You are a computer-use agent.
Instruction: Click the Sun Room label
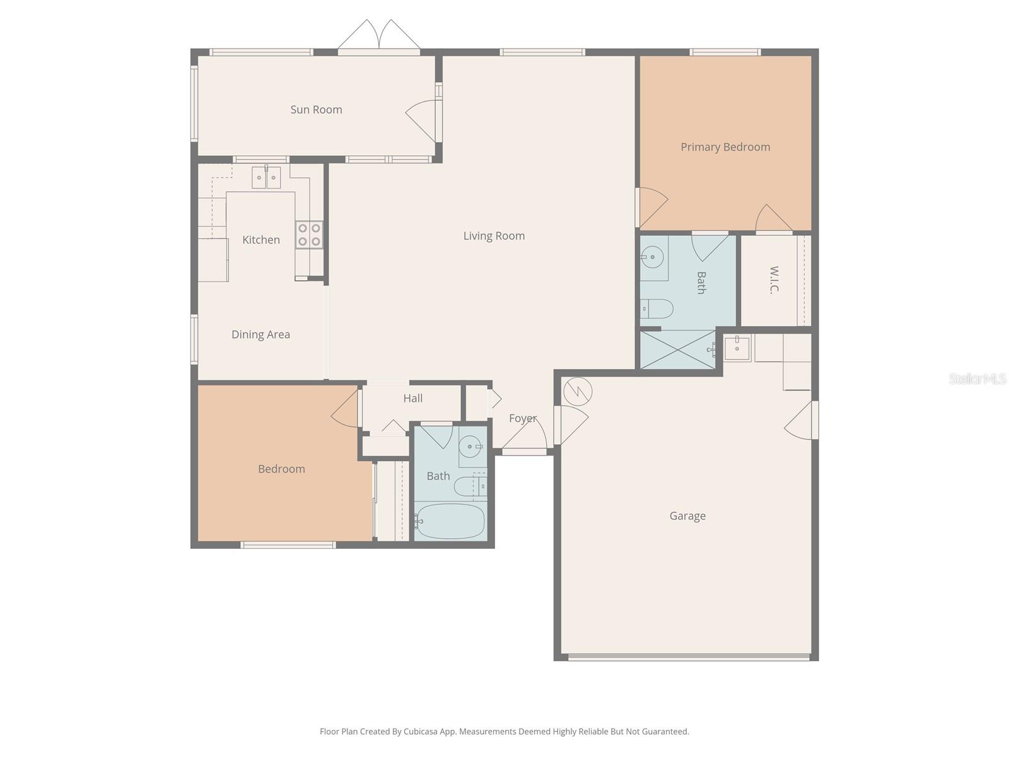316,110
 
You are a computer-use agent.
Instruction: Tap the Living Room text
494,236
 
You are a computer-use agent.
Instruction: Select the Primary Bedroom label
725,147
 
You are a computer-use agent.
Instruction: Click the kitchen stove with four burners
309,235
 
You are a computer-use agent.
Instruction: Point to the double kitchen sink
266,178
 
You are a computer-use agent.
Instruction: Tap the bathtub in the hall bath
450,521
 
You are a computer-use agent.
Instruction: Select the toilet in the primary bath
656,309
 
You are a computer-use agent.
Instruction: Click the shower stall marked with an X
678,349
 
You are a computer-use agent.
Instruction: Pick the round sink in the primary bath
652,257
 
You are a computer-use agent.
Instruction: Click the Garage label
687,516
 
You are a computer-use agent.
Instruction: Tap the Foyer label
523,418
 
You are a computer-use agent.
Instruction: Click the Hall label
413,398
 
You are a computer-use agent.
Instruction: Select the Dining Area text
260,334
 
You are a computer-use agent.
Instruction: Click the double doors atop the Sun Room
378,37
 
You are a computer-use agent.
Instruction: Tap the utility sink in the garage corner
737,348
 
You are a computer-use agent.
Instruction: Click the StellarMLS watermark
977,378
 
